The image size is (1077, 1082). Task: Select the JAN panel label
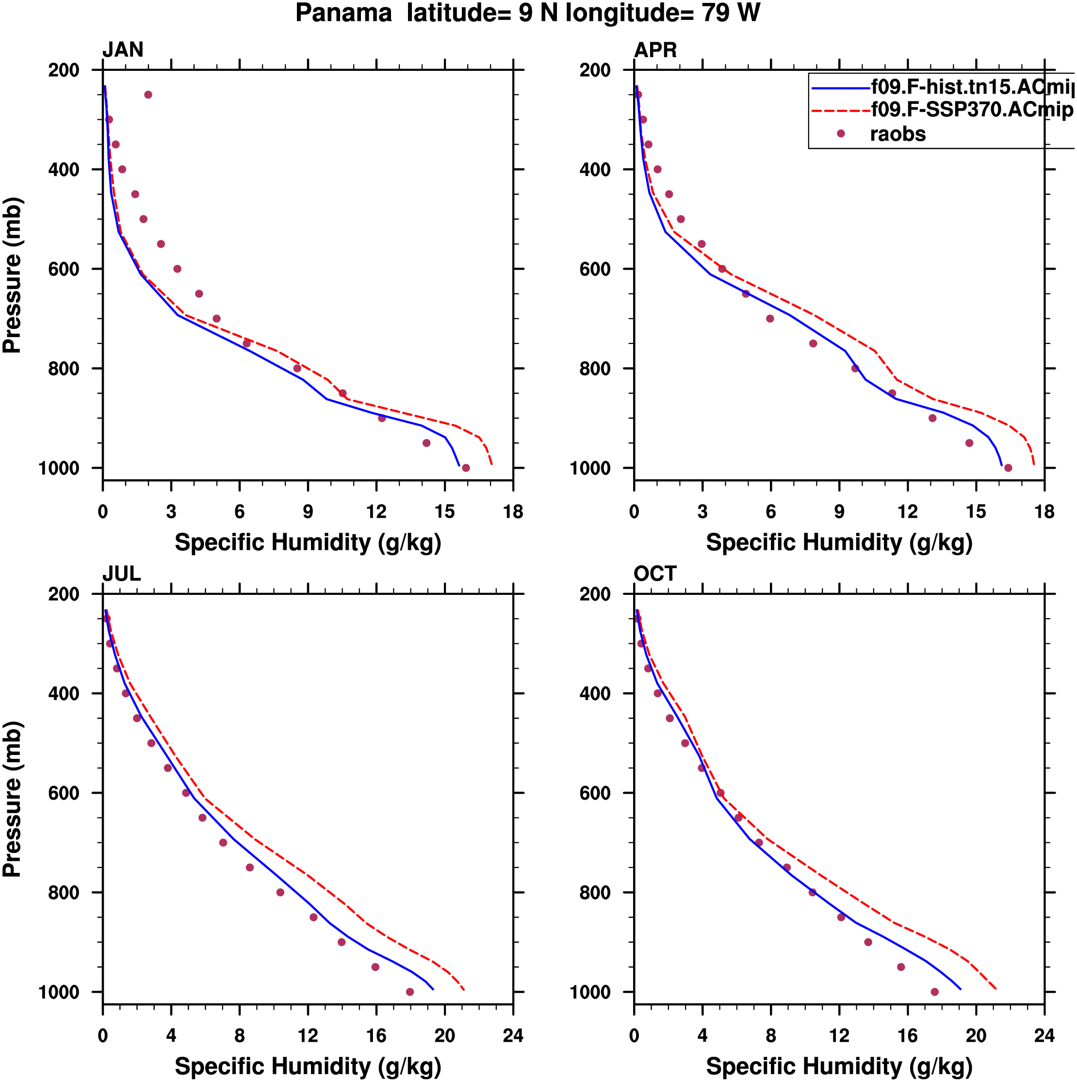pos(123,50)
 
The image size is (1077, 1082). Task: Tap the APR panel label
pos(655,50)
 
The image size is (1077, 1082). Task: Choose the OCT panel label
pos(655,574)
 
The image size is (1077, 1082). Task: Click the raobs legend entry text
pos(898,134)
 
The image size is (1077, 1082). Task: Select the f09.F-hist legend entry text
pos(972,87)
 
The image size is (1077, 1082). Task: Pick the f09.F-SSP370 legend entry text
pos(972,110)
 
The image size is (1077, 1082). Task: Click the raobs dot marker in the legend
pos(841,134)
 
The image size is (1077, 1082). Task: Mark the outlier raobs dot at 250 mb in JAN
pos(148,95)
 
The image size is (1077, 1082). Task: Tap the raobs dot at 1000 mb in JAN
pos(466,468)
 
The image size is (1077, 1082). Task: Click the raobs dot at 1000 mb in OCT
pos(935,992)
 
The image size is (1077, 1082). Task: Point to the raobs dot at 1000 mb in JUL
pos(410,992)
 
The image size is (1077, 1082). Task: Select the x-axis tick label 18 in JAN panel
pos(513,512)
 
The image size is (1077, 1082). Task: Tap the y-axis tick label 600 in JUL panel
pos(64,793)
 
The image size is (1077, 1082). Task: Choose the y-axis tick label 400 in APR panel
pos(595,169)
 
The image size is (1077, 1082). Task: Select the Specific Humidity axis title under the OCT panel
pos(839,1066)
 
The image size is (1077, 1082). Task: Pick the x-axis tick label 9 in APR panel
pos(839,512)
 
